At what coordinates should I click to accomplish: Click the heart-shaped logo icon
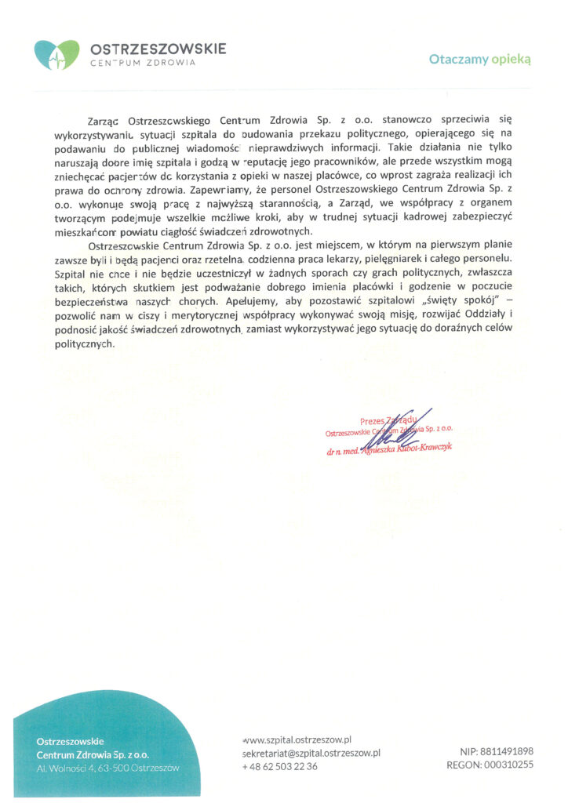pos(56,54)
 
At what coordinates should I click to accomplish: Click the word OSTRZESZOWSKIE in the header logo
pos(158,49)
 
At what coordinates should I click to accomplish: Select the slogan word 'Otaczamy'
pos(458,59)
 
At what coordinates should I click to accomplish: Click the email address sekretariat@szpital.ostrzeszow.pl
pos(312,753)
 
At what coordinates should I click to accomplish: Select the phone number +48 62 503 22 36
pos(280,766)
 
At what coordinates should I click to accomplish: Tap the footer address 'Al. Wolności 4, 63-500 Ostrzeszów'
pos(107,768)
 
